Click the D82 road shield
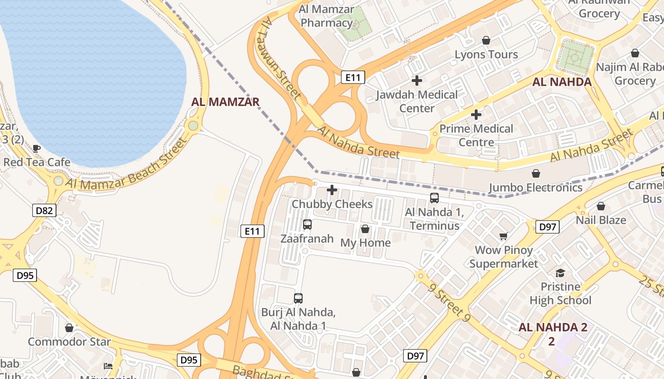pyautogui.click(x=44, y=210)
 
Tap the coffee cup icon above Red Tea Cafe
pyautogui.click(x=37, y=148)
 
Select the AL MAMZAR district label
pyautogui.click(x=225, y=102)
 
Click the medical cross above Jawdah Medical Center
pyautogui.click(x=417, y=81)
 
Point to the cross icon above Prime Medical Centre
pyautogui.click(x=476, y=115)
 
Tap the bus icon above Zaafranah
pyautogui.click(x=307, y=225)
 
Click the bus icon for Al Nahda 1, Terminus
pyautogui.click(x=434, y=198)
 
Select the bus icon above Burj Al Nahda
pyautogui.click(x=298, y=298)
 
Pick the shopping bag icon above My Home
pyautogui.click(x=365, y=229)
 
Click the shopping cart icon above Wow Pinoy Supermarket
pyautogui.click(x=503, y=236)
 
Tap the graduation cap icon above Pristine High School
pyautogui.click(x=561, y=273)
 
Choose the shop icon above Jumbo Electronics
pyautogui.click(x=535, y=173)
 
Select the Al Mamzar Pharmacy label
pyautogui.click(x=327, y=16)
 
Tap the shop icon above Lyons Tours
pyautogui.click(x=486, y=40)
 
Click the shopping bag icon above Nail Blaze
pyautogui.click(x=601, y=206)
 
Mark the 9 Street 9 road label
pyautogui.click(x=449, y=303)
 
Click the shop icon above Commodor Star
pyautogui.click(x=69, y=328)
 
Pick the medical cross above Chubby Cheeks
pyautogui.click(x=332, y=190)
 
